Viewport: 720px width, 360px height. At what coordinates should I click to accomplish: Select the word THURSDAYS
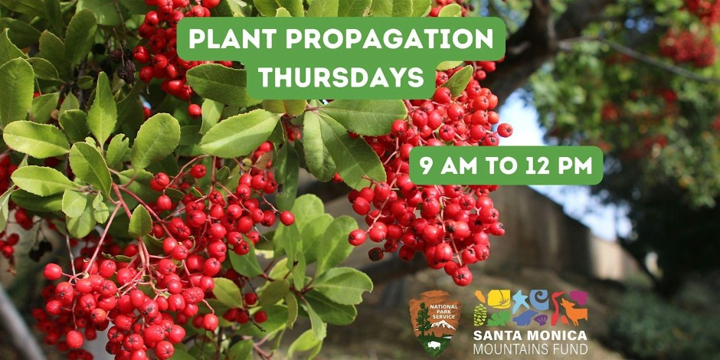341,77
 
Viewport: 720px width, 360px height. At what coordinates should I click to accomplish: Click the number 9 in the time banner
426,165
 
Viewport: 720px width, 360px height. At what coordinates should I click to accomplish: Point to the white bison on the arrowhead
434,345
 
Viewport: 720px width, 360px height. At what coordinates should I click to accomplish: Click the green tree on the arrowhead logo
423,319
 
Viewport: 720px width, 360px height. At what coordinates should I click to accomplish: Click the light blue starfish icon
520,300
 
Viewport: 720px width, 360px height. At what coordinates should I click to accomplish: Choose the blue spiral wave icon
539,299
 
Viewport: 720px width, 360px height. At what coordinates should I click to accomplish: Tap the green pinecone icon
479,315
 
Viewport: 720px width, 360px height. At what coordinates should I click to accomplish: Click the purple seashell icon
540,319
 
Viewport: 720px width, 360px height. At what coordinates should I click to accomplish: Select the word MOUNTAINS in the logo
511,349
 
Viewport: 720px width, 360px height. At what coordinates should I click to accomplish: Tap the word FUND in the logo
570,349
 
